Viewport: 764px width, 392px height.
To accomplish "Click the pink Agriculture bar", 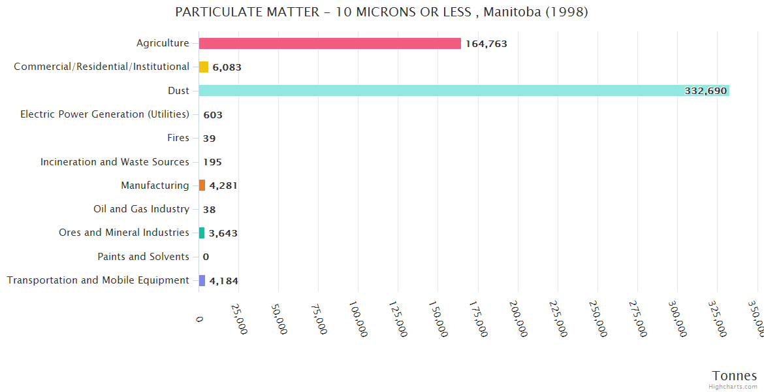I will tap(330, 44).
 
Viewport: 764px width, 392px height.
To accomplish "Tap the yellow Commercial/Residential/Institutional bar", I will tap(204, 67).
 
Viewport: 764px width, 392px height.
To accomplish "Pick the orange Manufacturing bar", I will tap(202, 186).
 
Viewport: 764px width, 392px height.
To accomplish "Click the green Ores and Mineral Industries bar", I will tap(202, 233).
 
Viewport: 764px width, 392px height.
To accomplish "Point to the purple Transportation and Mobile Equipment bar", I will tap(202, 280).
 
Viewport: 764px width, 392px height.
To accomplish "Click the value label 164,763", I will tap(486, 44).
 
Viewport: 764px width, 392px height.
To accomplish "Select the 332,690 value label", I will tap(705, 91).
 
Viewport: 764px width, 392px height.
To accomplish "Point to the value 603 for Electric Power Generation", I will tap(213, 115).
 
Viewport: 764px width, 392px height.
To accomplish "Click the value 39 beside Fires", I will tap(209, 139).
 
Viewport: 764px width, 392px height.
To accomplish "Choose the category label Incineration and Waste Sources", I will tap(115, 161).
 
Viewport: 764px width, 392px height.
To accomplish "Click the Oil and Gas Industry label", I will tap(142, 209).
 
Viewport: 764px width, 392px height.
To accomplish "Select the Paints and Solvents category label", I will tap(144, 257).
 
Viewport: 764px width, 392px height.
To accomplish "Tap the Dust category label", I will tap(178, 91).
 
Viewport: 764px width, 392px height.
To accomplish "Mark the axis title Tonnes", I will tap(735, 376).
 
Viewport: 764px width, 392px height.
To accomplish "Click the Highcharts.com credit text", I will tap(733, 387).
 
